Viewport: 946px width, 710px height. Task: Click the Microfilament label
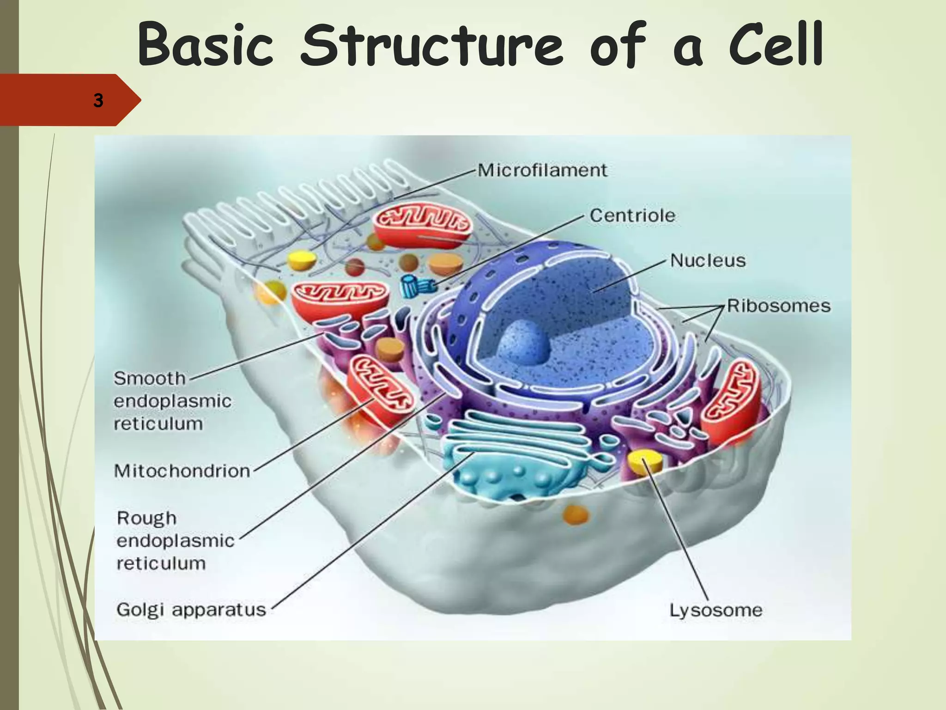[542, 170]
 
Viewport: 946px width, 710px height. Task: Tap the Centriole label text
[632, 215]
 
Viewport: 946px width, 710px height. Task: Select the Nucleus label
[708, 261]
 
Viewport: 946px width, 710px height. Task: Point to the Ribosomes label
[779, 306]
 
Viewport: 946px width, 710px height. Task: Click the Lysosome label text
[716, 610]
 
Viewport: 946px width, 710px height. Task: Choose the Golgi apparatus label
[191, 610]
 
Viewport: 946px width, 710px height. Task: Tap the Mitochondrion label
[182, 471]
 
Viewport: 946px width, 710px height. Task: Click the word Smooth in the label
[150, 379]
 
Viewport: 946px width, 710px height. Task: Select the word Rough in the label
[147, 518]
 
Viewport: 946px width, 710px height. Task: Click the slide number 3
[98, 100]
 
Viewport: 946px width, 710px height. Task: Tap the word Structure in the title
[431, 45]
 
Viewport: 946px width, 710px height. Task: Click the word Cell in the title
[776, 45]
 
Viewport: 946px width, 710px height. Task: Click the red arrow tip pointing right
[132, 100]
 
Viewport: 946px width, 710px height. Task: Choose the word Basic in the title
[206, 45]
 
